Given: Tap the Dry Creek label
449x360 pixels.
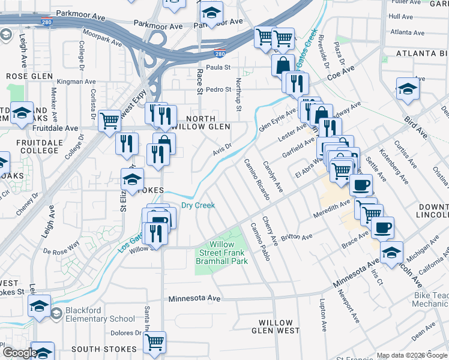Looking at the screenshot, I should [198, 205].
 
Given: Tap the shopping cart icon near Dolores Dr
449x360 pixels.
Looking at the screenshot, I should [155, 342].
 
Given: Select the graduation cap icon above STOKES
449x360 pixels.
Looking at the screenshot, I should [133, 178].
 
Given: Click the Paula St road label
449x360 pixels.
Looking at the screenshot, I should [219, 68].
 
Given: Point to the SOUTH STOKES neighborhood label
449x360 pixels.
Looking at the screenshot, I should [100, 349].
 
